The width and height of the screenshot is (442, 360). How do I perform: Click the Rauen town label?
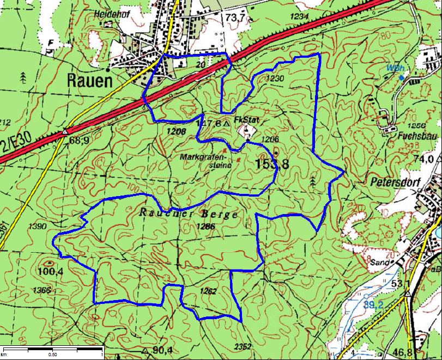(89, 81)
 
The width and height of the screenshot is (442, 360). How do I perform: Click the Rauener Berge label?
(189, 213)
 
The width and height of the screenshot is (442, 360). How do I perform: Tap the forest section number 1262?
(208, 291)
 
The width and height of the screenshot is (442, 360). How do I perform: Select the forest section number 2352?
(244, 346)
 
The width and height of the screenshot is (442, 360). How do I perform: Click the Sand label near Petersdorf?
(379, 262)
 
